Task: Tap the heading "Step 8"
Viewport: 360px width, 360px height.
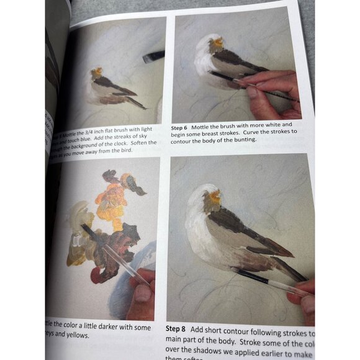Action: pyautogui.click(x=178, y=328)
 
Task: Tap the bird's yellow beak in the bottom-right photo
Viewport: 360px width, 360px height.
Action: pyautogui.click(x=215, y=198)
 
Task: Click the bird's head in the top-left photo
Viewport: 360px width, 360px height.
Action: pyautogui.click(x=97, y=74)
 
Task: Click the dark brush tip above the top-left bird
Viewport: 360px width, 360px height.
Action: pyautogui.click(x=151, y=57)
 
